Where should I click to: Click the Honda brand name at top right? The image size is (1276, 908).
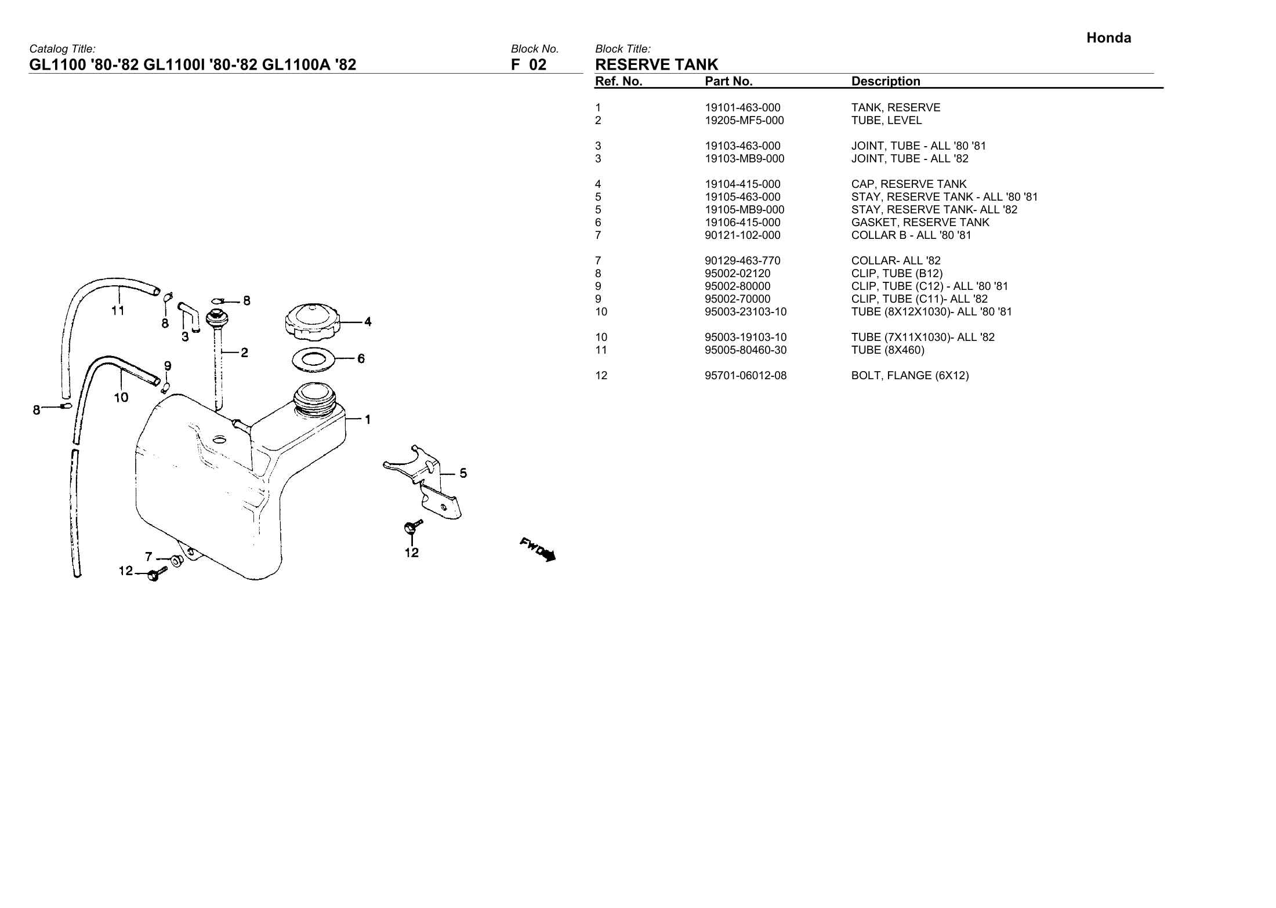pos(1108,38)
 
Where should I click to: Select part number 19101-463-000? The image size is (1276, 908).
pos(742,108)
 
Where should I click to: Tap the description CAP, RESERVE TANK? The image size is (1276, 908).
pos(909,184)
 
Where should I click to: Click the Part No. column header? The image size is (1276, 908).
pos(728,82)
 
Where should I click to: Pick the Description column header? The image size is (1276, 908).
pos(886,82)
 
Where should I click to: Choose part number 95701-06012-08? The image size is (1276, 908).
pos(745,376)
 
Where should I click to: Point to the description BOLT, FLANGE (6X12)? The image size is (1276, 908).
pos(909,376)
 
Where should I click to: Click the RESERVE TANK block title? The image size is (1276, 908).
pos(657,64)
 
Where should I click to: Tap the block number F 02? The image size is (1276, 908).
pos(528,64)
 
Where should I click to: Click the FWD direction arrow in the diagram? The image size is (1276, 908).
pos(538,549)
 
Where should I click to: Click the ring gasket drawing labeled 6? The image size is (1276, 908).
pos(313,359)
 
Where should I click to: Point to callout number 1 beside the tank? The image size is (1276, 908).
pos(367,419)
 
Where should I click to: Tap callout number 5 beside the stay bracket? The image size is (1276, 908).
pos(463,474)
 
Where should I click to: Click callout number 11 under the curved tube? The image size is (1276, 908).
pos(118,311)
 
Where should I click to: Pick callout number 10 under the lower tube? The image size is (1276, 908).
pos(121,398)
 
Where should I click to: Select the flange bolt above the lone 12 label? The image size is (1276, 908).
pos(411,527)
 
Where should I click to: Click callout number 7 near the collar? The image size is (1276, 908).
pos(148,557)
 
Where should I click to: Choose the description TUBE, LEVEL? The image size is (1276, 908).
pos(886,121)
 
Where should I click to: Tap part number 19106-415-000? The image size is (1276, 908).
pos(742,223)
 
